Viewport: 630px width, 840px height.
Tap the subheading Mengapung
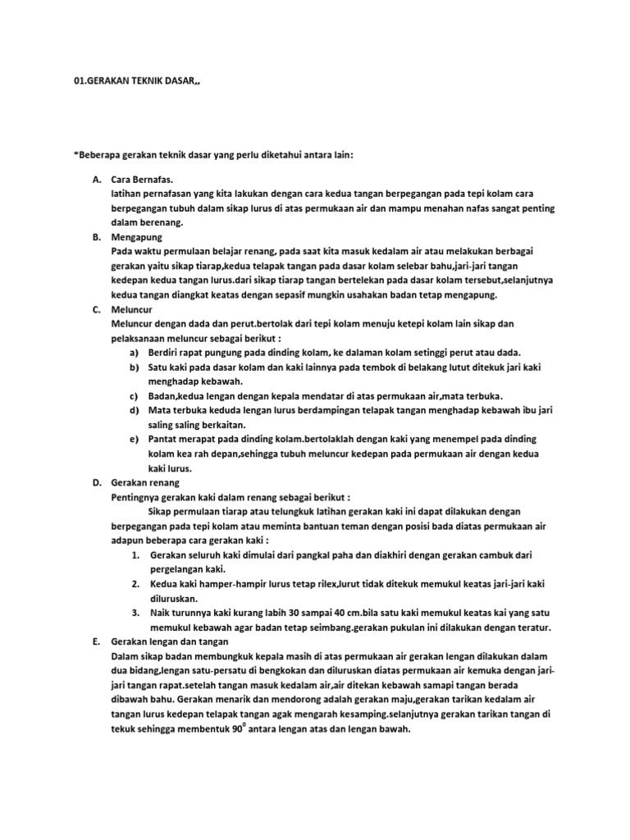click(137, 236)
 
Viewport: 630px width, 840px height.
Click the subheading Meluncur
click(132, 310)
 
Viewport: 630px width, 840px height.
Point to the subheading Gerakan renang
click(145, 483)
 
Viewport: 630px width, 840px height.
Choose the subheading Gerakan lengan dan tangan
click(169, 641)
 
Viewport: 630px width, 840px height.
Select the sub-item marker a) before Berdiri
click(134, 353)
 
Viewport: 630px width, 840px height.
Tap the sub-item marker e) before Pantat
click(134, 439)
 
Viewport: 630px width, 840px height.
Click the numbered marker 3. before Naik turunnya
click(135, 613)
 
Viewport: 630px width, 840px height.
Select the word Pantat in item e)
click(164, 439)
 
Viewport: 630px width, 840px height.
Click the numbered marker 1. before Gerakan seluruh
click(135, 555)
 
